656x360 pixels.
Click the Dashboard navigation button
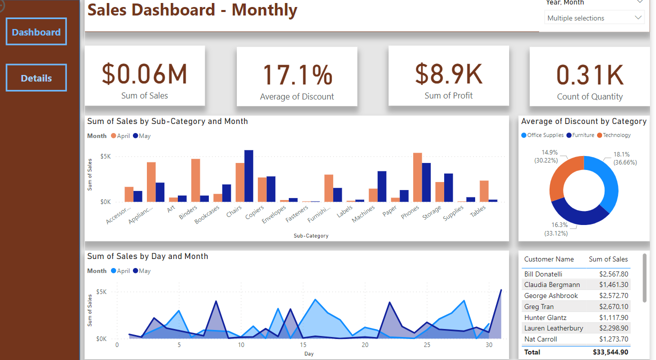pos(36,32)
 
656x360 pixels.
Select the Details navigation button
pos(36,78)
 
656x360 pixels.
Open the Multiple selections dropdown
pos(594,18)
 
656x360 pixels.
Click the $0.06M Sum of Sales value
pos(144,73)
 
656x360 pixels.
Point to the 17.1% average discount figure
pos(297,74)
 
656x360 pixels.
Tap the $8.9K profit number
pos(448,73)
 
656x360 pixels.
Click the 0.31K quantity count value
pos(590,75)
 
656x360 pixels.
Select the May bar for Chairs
pos(249,176)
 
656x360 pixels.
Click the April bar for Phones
pos(417,177)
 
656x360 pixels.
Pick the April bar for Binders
pos(195,180)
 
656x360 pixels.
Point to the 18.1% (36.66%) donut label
pos(622,158)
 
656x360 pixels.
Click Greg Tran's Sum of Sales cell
pos(614,306)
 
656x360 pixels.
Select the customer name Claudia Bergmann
pos(552,284)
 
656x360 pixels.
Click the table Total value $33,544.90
pos(611,352)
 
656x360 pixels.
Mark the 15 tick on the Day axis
pos(303,345)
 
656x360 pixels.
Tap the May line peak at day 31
pos(501,290)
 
